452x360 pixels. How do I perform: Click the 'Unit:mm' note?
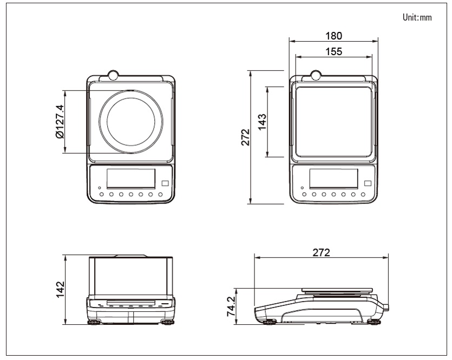[x=417, y=17]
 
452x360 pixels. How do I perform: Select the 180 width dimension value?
[x=334, y=36]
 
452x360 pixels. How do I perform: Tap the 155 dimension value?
[x=334, y=51]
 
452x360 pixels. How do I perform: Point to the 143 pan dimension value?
[x=262, y=122]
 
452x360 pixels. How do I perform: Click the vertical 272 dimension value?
[x=245, y=137]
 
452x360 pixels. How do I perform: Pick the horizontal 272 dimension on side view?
[x=321, y=253]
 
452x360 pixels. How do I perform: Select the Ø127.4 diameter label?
[x=60, y=121]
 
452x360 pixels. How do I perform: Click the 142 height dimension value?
[x=61, y=290]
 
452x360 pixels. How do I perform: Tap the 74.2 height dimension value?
[x=232, y=306]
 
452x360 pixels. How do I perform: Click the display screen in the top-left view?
[x=131, y=179]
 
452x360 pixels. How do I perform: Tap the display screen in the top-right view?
[x=333, y=179]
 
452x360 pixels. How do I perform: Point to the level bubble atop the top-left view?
[x=113, y=75]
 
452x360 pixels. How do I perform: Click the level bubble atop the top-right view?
[x=316, y=75]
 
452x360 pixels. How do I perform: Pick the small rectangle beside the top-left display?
[x=165, y=184]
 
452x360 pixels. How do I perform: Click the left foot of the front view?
[x=94, y=322]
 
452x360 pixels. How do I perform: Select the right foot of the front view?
[x=167, y=322]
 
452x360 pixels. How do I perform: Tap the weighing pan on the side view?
[x=337, y=290]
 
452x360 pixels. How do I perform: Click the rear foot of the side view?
[x=374, y=322]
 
